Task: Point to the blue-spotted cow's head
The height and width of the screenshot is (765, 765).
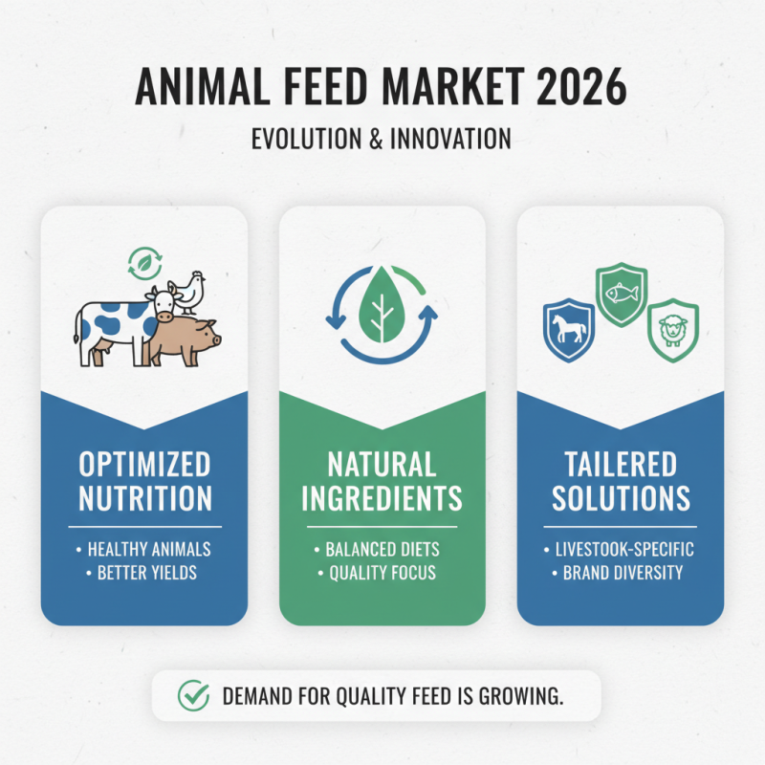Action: [x=161, y=304]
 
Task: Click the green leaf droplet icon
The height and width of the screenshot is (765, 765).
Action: [x=382, y=303]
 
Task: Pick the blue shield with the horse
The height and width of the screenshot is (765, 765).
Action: [x=564, y=329]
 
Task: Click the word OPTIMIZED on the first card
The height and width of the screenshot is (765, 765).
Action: [x=144, y=466]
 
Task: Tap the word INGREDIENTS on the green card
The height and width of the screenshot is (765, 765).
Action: [x=382, y=498]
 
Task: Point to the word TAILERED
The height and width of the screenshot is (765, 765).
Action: [x=621, y=466]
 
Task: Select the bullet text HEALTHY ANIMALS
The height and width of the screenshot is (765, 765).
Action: [x=149, y=550]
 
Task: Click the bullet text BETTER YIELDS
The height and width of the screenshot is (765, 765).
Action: [x=148, y=574]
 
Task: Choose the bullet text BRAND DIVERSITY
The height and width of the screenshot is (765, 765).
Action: [x=623, y=574]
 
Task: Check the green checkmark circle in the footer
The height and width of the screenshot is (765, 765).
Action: [x=194, y=695]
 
